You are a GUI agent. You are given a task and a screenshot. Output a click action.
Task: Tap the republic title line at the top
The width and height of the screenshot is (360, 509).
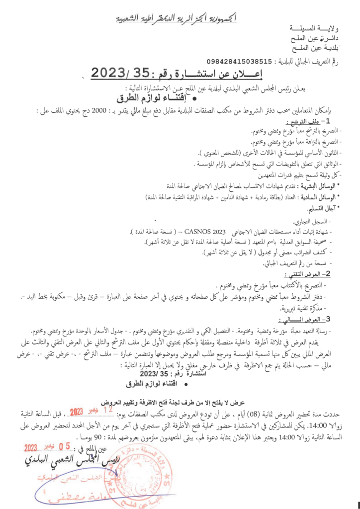[x=180, y=19]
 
